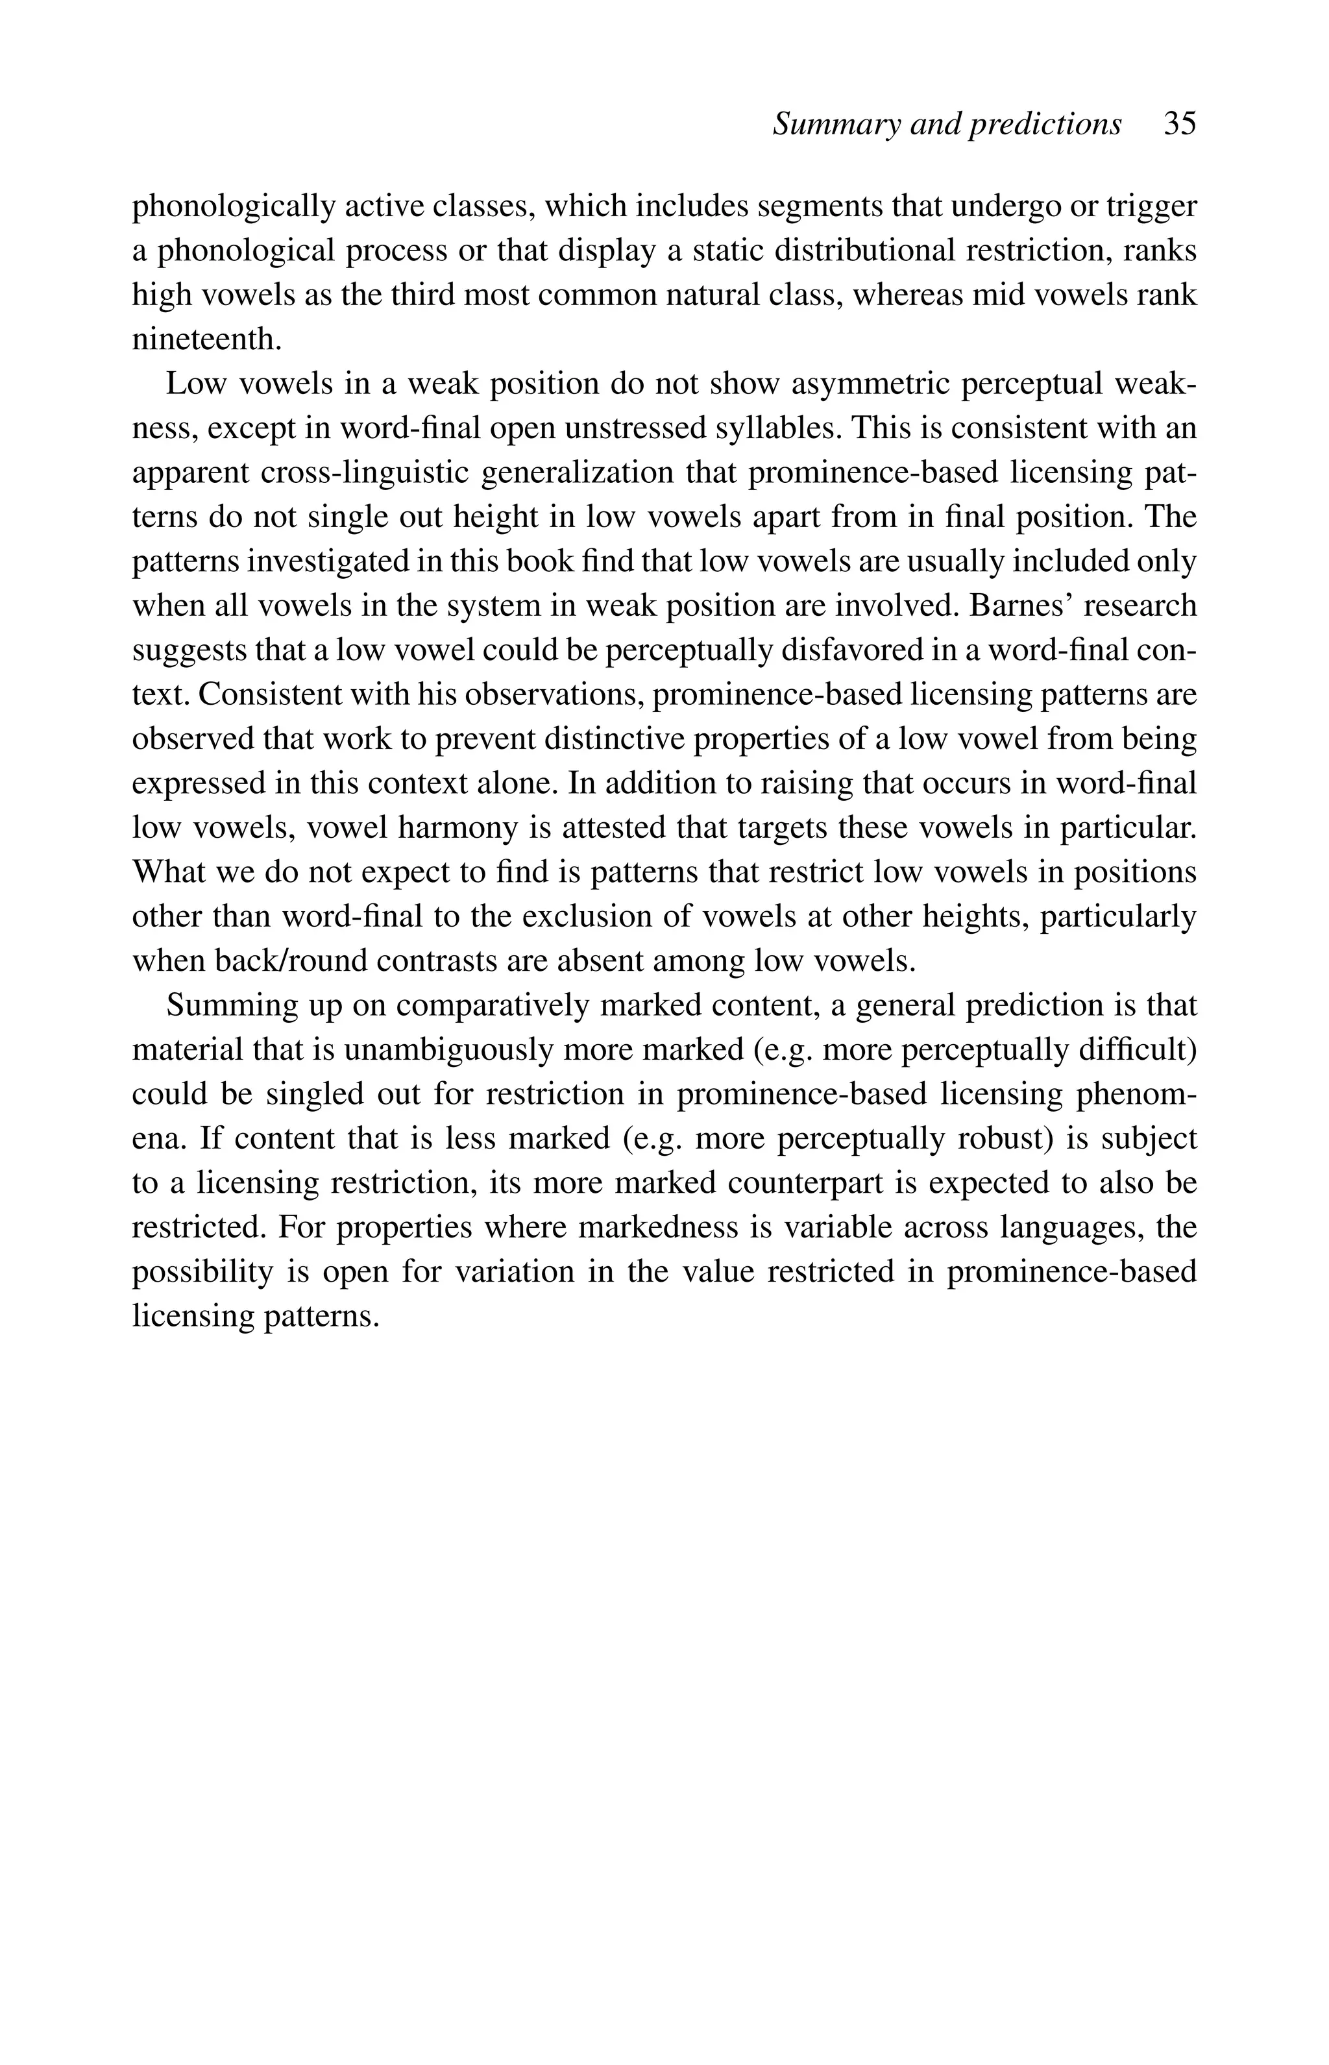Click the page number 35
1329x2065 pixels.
pyautogui.click(x=1179, y=124)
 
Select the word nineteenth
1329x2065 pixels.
pyautogui.click(x=206, y=339)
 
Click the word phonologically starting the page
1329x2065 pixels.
pyautogui.click(x=233, y=206)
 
